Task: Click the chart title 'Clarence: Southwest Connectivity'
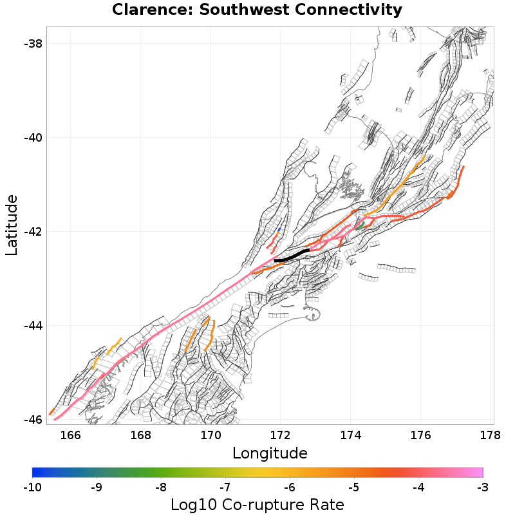[x=257, y=10]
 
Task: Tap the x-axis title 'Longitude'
[x=270, y=453]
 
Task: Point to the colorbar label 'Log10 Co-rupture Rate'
[x=257, y=504]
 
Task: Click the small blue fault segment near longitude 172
[x=279, y=229]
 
